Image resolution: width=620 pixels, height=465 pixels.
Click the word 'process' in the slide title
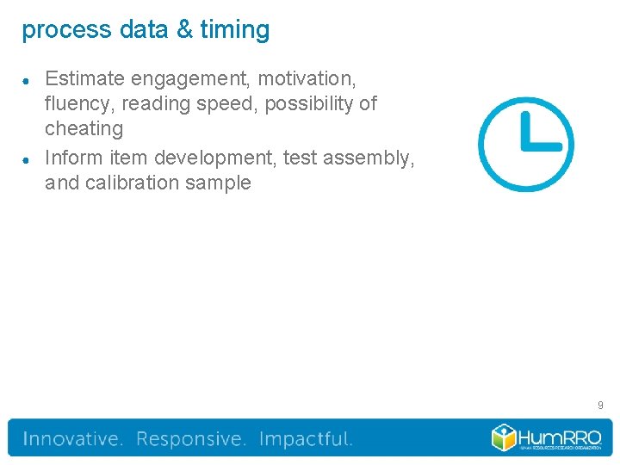pos(54,30)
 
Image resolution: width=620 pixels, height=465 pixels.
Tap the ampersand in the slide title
pos(184,30)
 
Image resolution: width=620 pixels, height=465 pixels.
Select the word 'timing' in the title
pos(234,30)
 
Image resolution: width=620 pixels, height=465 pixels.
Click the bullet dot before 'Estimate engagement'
pos(28,80)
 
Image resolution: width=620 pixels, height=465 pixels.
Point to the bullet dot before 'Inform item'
pos(28,159)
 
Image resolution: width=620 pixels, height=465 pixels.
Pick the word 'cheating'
pos(84,129)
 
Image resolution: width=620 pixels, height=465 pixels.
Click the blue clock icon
pos(525,144)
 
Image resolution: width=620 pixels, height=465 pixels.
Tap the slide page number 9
pos(600,404)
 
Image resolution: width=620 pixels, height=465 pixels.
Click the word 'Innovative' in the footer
pos(72,439)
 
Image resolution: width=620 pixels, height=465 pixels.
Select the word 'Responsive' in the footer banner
pos(190,439)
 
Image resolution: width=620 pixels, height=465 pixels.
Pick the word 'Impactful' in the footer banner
pos(305,439)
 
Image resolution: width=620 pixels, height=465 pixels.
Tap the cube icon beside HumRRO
pos(504,437)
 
